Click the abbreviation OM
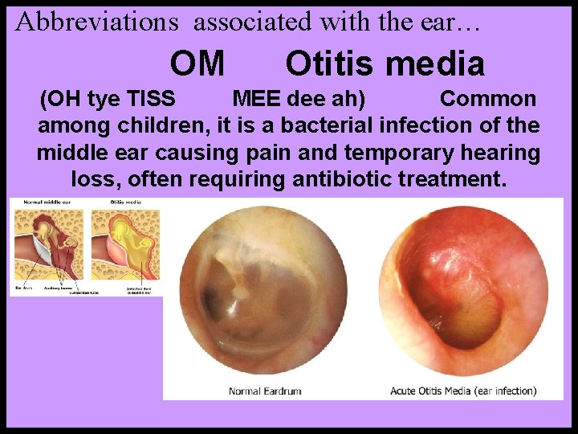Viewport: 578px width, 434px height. point(197,63)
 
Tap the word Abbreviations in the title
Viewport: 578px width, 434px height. point(97,22)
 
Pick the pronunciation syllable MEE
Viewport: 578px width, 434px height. point(251,100)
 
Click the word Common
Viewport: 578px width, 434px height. point(488,100)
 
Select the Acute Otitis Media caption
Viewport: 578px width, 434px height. point(463,391)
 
